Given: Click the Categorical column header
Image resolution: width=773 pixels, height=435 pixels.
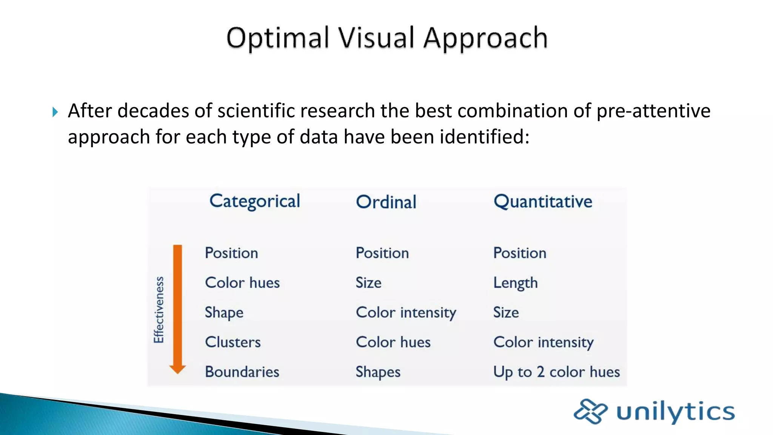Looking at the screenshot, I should click(255, 201).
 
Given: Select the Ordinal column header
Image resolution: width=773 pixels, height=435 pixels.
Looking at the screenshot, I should click(386, 202).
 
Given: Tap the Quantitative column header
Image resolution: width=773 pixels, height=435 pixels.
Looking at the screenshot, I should click(543, 202).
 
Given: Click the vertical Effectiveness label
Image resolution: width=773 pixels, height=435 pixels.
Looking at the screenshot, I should click(159, 310).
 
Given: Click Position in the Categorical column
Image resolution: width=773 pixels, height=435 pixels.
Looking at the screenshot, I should click(231, 253).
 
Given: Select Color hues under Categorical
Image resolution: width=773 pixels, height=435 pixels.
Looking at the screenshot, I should click(242, 283).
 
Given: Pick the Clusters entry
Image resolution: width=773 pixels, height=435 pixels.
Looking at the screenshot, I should click(233, 342).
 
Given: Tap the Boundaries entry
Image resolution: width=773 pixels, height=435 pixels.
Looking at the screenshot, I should click(242, 372).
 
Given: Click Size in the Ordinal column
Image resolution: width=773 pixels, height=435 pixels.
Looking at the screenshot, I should click(368, 283).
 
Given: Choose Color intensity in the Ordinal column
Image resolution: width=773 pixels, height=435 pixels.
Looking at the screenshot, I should click(406, 313).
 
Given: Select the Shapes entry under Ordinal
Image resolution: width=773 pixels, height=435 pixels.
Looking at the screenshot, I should click(378, 372).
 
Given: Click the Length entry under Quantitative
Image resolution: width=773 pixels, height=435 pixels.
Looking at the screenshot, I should click(515, 283).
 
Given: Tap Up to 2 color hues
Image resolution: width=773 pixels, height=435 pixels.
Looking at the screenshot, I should click(556, 372).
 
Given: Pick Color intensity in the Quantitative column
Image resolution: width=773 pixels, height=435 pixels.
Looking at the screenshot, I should click(543, 342).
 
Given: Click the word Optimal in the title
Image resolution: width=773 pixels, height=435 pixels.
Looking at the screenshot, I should click(278, 38).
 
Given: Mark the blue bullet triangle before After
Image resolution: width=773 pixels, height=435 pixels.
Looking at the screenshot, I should click(55, 112).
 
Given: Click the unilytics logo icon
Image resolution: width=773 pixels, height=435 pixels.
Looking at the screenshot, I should click(590, 411).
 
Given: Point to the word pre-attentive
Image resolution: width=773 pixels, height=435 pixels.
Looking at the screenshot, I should click(653, 111).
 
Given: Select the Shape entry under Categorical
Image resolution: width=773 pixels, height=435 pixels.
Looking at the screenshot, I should click(224, 313).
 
